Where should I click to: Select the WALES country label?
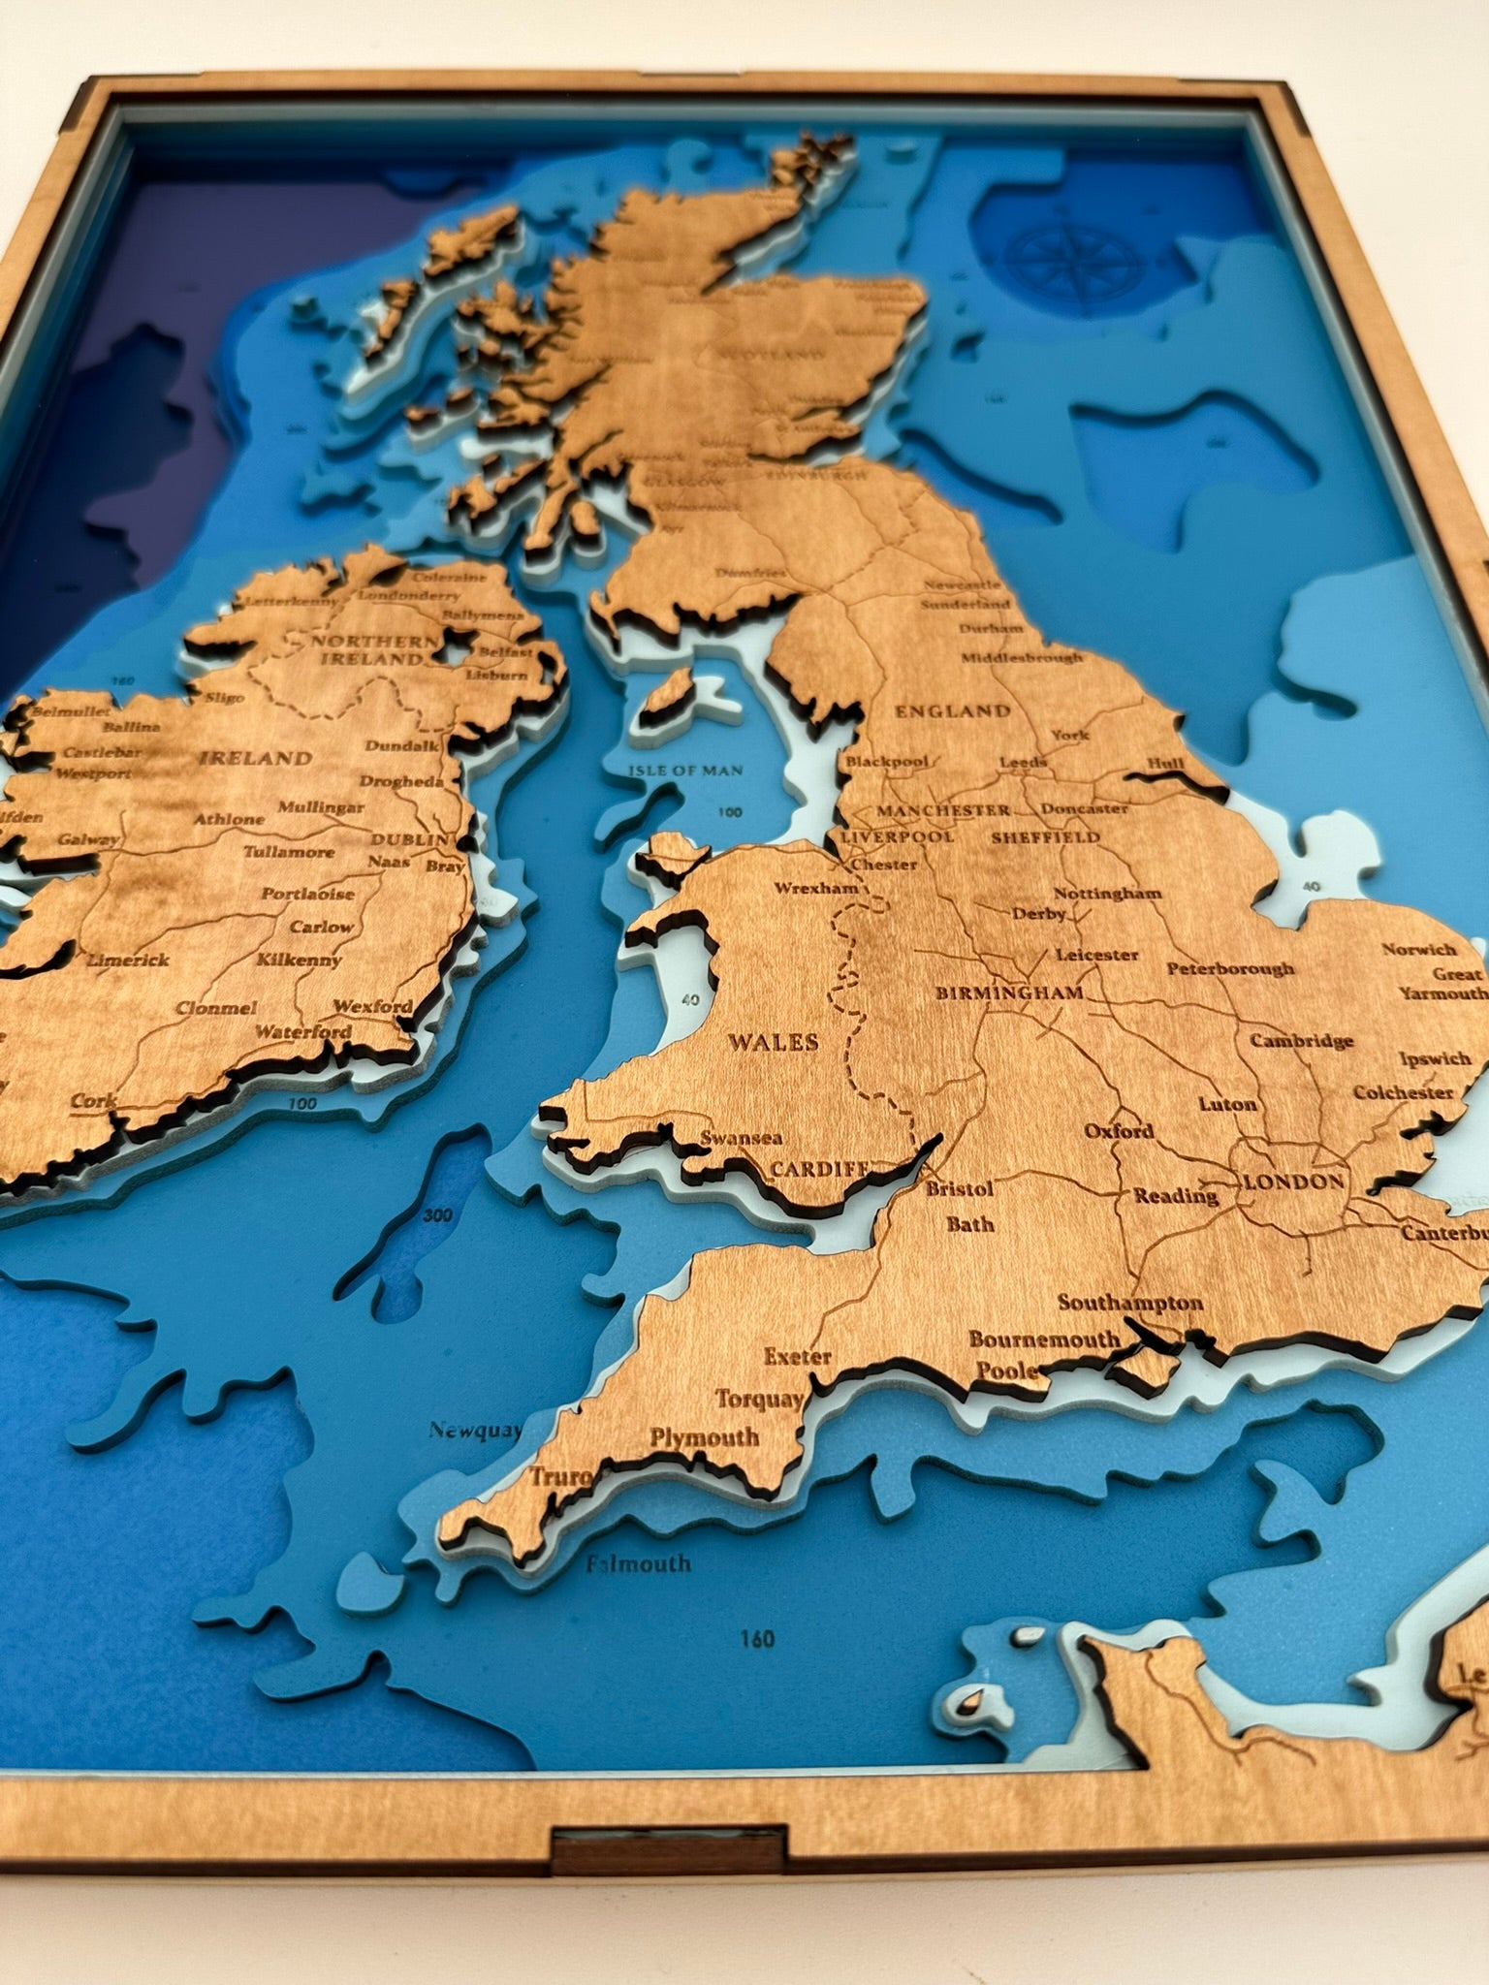[x=773, y=1043]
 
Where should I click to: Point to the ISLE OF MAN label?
[x=686, y=772]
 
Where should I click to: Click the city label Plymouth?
[x=705, y=1437]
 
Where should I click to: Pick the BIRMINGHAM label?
[x=1008, y=993]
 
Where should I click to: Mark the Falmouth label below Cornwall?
[x=639, y=1562]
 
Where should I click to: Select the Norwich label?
[x=1419, y=950]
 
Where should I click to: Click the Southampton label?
[x=1129, y=1303]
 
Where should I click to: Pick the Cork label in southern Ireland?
[x=94, y=1102]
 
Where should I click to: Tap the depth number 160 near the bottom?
[x=756, y=1639]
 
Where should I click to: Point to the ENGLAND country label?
[x=952, y=710]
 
